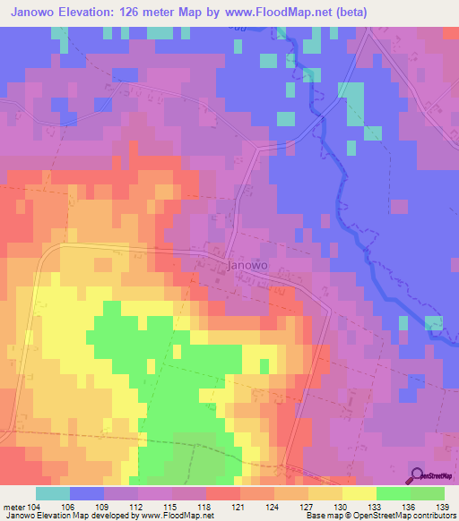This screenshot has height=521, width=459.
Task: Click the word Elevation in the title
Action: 96,13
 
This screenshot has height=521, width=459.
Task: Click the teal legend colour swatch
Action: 53,493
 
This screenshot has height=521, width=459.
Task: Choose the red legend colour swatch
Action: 223,493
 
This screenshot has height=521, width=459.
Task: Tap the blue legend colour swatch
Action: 87,493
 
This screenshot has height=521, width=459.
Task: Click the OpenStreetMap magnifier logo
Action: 418,476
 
